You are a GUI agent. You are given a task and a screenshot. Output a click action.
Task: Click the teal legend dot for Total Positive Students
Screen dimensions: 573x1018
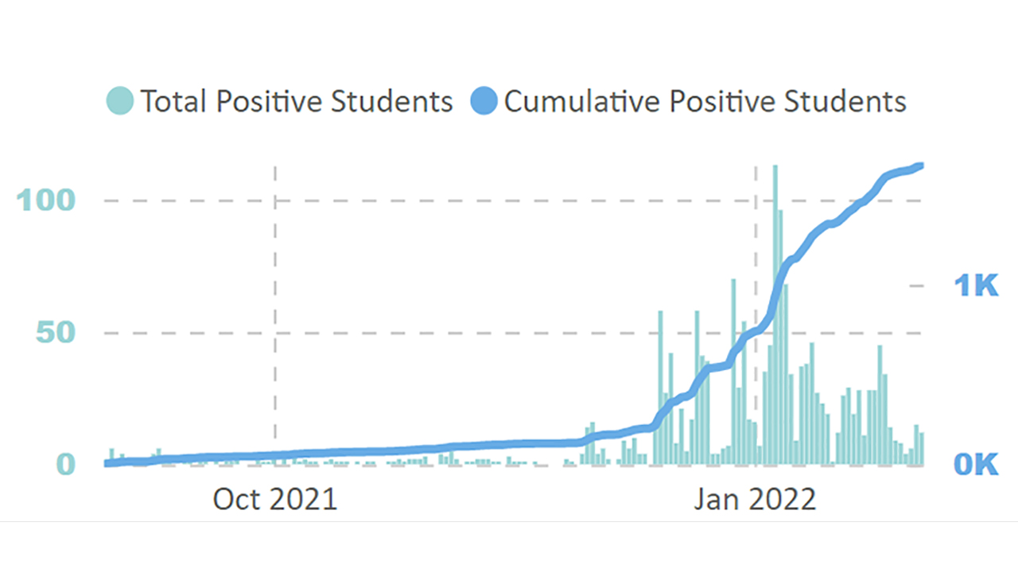(x=120, y=102)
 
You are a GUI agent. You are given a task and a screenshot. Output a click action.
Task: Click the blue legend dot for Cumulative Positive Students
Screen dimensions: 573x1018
(x=484, y=102)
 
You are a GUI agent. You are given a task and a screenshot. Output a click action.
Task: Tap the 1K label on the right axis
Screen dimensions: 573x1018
(x=975, y=285)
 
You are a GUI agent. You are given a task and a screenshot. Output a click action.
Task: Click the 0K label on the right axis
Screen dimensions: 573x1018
(x=975, y=464)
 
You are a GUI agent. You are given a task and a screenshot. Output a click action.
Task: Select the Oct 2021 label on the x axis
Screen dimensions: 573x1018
(x=275, y=499)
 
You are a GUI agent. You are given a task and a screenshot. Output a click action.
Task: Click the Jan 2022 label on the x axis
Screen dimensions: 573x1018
(x=755, y=499)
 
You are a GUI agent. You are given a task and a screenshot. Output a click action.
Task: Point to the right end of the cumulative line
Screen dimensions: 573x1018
(x=920, y=166)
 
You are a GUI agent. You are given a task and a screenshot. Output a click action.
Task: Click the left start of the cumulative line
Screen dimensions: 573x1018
(x=107, y=463)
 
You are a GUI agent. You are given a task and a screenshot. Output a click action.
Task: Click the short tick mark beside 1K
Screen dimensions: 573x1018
(x=916, y=285)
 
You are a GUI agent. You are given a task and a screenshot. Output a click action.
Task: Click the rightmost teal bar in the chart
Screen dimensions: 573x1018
(x=922, y=448)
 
